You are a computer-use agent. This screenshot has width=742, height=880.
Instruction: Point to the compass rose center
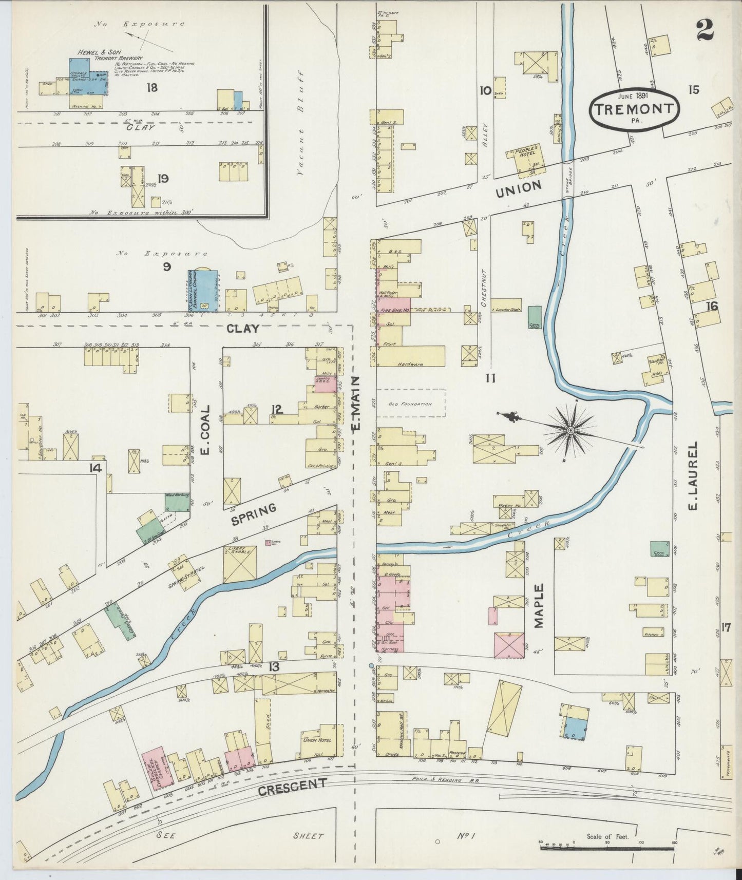click(570, 429)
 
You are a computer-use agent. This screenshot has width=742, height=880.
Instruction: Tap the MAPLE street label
click(538, 606)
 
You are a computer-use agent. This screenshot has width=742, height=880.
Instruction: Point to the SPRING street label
click(254, 514)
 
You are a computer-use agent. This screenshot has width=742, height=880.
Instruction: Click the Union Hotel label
click(316, 740)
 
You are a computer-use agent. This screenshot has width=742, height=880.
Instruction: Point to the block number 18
click(152, 88)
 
